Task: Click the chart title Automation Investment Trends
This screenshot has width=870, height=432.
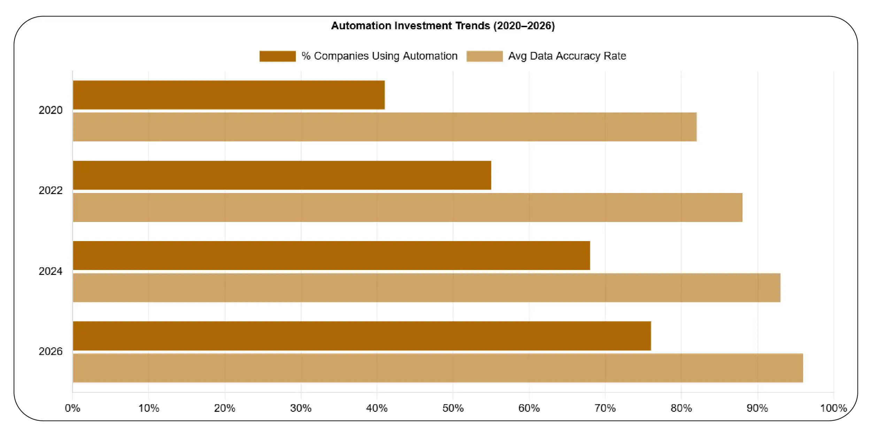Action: (442, 26)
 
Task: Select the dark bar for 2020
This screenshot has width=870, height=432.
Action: (229, 95)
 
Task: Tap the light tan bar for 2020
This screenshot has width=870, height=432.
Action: (384, 127)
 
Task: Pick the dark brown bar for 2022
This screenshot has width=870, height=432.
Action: (282, 175)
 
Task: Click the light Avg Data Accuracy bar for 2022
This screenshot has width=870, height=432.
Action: (407, 207)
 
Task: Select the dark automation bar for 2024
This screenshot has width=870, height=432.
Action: (331, 255)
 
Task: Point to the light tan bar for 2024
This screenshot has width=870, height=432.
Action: (426, 288)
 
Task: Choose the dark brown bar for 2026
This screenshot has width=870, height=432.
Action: (362, 336)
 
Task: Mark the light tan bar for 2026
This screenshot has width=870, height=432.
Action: (438, 368)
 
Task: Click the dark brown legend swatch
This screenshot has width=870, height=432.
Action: (277, 56)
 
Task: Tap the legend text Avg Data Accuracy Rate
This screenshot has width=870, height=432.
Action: (567, 56)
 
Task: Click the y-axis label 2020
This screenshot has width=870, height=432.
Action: (51, 110)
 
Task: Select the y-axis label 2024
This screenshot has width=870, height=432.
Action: (51, 271)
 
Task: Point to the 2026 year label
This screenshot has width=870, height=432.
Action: (51, 352)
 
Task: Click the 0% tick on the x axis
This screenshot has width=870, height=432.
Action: (72, 408)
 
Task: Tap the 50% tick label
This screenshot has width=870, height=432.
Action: (453, 408)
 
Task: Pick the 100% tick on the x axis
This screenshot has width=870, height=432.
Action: (833, 408)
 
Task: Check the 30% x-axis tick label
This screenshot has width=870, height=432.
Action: (301, 408)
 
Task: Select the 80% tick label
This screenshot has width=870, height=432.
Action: (681, 408)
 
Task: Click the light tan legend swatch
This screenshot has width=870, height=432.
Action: (484, 56)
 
